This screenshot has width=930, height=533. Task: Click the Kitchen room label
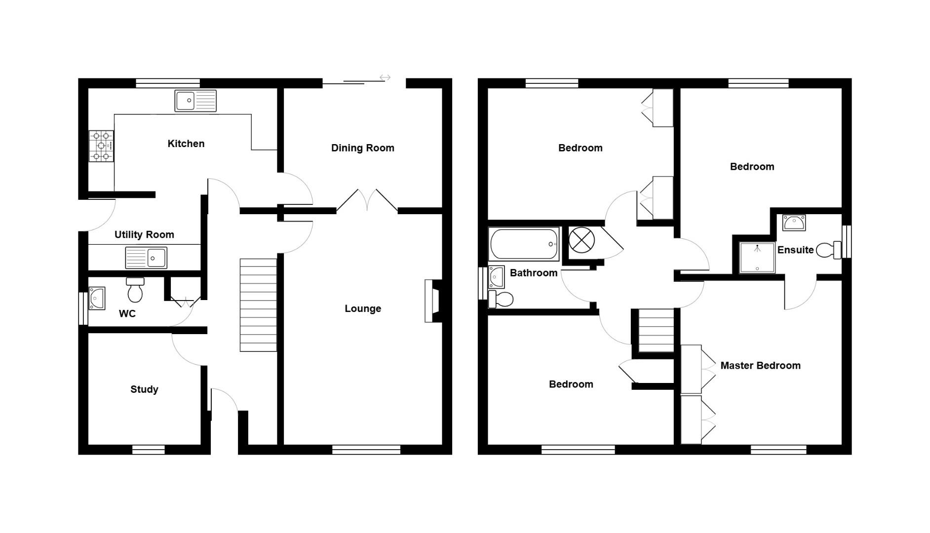(186, 144)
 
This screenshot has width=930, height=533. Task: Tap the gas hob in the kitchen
(101, 146)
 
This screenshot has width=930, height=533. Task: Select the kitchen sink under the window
(195, 101)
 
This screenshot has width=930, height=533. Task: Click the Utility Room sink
(146, 258)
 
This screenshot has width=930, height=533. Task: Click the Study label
(144, 389)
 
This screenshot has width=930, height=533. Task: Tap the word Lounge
(363, 308)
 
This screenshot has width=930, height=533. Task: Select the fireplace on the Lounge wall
(433, 301)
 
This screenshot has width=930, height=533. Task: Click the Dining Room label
(362, 148)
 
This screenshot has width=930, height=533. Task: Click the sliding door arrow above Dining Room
(385, 77)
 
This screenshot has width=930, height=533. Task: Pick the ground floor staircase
(258, 305)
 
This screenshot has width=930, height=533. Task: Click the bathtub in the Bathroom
(524, 244)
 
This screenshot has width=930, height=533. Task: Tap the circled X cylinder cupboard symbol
(581, 240)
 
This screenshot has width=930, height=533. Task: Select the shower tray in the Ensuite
(757, 257)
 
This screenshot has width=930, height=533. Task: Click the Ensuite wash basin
(794, 223)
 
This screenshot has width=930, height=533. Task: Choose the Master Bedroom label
(760, 366)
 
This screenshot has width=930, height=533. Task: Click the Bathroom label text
(533, 273)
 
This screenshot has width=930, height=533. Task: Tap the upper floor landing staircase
(656, 330)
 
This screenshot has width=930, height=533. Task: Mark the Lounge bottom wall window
(366, 450)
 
